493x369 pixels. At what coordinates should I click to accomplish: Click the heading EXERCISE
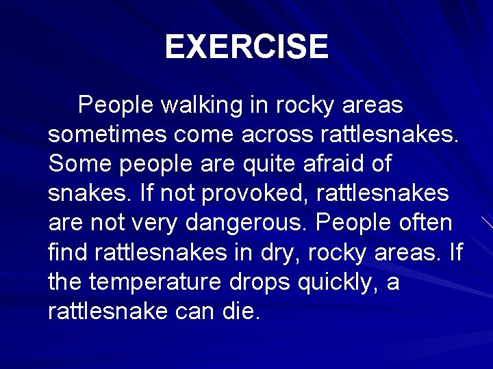[x=246, y=47]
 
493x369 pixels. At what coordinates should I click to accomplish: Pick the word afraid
[x=333, y=165]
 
